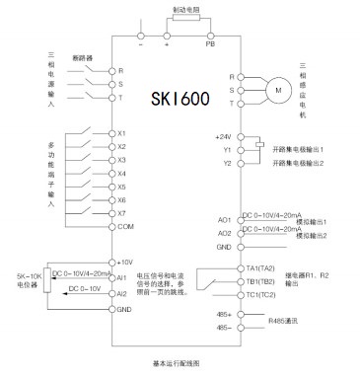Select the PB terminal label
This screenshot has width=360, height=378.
pyautogui.click(x=208, y=45)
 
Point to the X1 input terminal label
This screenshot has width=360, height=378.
pyautogui.click(x=122, y=133)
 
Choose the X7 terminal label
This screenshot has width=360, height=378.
pyautogui.click(x=122, y=213)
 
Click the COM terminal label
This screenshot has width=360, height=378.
pyautogui.click(x=125, y=227)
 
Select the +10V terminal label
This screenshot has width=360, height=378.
pyautogui.click(x=124, y=262)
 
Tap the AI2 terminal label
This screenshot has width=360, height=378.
pyautogui.click(x=122, y=293)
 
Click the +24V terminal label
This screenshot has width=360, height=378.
pyautogui.click(x=223, y=136)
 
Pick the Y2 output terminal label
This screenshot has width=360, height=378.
pyautogui.click(x=226, y=162)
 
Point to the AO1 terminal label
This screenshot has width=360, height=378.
pyautogui.click(x=224, y=219)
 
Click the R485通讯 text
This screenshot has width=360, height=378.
pyautogui.click(x=284, y=320)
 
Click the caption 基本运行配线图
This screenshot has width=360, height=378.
pyautogui.click(x=179, y=363)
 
